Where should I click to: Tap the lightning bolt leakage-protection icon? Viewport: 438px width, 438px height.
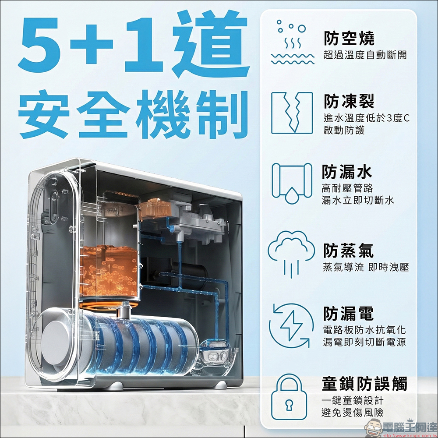[x=291, y=325]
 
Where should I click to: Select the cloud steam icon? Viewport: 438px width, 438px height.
[x=291, y=254]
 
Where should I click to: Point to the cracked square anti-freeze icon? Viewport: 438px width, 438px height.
[x=292, y=113]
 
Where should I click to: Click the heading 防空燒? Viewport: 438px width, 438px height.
[x=349, y=39]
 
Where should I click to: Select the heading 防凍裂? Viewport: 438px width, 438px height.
[x=349, y=102]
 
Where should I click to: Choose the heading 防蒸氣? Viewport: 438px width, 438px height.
[x=349, y=251]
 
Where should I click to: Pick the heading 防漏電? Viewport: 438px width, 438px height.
[x=349, y=314]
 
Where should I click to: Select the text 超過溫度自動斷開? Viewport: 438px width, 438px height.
[x=365, y=55]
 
